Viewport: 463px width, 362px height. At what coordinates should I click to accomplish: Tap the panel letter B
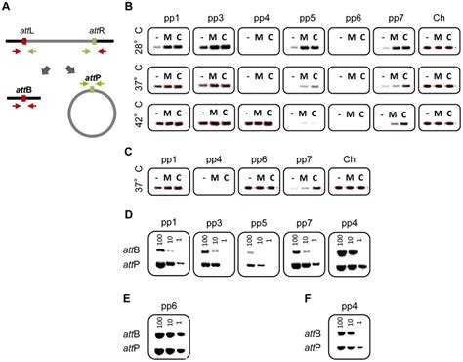pos(133,7)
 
